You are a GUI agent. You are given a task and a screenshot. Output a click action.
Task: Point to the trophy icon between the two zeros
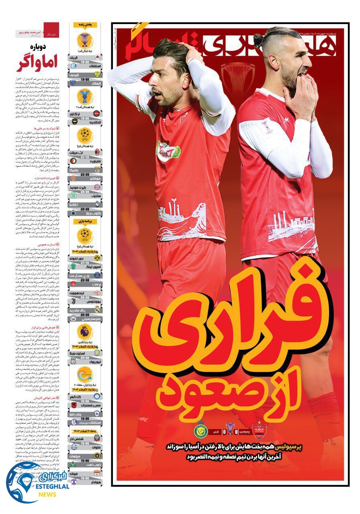pos(229,428)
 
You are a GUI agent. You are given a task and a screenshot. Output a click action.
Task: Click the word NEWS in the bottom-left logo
pos(47,494)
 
